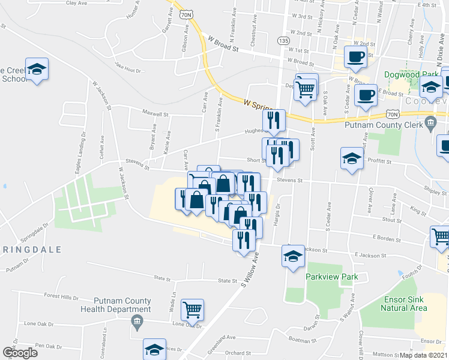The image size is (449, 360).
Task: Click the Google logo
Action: click(x=20, y=353)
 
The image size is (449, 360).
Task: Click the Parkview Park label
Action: click(x=331, y=277)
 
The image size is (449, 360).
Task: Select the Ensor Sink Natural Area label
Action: click(x=403, y=303)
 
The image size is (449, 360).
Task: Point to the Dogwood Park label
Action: click(x=410, y=77)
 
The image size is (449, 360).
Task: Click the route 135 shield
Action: click(x=283, y=40)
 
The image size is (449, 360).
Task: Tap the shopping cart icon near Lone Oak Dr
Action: click(x=193, y=310)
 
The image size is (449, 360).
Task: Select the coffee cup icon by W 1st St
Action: click(x=355, y=57)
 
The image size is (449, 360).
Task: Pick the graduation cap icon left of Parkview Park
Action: click(x=293, y=256)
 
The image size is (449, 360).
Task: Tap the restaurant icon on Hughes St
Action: click(x=274, y=120)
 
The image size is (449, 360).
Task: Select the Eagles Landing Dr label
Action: click(x=80, y=158)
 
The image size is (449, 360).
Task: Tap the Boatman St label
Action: click(x=303, y=339)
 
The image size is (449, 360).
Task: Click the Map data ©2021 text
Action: click(x=423, y=355)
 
